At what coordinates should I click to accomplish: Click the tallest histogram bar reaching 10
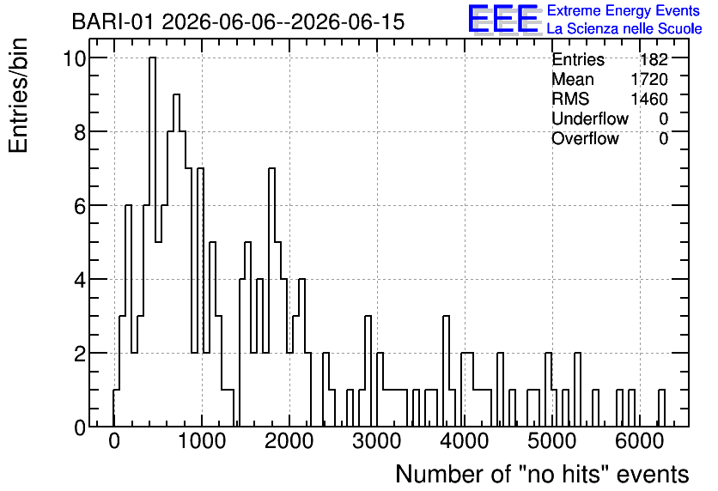click(153, 242)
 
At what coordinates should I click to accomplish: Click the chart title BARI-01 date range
click(238, 22)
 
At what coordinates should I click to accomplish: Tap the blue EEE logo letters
click(502, 19)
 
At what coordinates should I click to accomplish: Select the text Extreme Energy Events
click(624, 10)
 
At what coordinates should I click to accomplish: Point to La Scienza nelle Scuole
click(624, 29)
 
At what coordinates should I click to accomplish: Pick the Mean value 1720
click(649, 79)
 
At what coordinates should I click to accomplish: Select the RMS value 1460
click(649, 99)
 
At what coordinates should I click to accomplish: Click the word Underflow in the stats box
click(590, 118)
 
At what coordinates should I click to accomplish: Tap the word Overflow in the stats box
click(585, 138)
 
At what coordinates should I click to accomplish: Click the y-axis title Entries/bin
click(18, 95)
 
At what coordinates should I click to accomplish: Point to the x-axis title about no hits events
click(542, 474)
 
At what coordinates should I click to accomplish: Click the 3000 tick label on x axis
click(376, 441)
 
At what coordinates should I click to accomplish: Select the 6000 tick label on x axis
click(640, 441)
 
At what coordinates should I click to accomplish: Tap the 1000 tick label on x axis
click(202, 441)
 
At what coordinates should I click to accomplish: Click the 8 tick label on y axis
click(80, 132)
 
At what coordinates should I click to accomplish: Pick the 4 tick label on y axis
click(80, 280)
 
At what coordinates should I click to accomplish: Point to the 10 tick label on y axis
click(74, 58)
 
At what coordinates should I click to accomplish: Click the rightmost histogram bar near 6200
click(661, 409)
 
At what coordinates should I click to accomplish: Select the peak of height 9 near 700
click(176, 260)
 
